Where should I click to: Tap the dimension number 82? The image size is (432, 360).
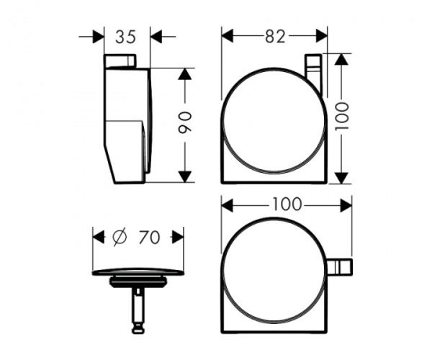pos(274,37)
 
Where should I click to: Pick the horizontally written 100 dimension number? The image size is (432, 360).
pos(286,204)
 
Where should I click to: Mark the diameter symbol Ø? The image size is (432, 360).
pos(120,236)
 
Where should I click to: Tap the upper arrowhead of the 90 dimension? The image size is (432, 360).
pos(185,74)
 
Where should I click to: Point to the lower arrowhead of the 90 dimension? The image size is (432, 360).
pos(185,176)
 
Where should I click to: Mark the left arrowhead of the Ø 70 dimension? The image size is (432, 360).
pos(99,235)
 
